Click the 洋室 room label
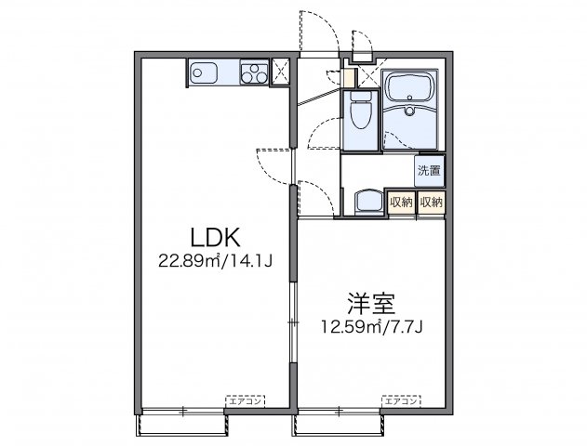372,304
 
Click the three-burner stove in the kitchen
252,72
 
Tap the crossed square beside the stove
281,72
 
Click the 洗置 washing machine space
429,170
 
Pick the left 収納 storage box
401,202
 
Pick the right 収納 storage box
431,202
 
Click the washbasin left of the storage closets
364,202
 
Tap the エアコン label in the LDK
244,400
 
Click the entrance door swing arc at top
316,28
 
